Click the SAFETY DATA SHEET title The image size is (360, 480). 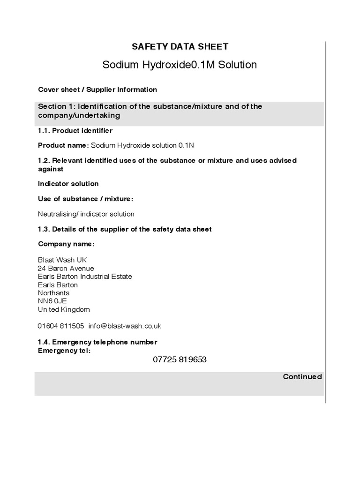(180, 46)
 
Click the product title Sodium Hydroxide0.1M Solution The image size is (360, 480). (180, 65)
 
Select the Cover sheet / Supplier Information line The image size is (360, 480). (97, 90)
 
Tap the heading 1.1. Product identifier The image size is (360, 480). (75, 131)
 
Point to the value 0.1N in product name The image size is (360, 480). (186, 145)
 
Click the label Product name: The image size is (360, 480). (63, 145)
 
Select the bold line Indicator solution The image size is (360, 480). (68, 184)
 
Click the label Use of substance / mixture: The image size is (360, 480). (85, 199)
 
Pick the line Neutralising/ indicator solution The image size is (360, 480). (86, 214)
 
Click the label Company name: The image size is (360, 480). (66, 244)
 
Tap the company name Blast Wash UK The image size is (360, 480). (62, 260)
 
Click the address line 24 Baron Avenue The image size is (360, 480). (66, 269)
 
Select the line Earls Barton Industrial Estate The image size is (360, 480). (85, 277)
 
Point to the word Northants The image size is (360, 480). (53, 293)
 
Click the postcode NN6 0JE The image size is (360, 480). (49, 301)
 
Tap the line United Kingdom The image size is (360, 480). (64, 309)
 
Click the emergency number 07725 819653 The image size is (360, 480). (180, 360)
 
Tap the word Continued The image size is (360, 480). (302, 377)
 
